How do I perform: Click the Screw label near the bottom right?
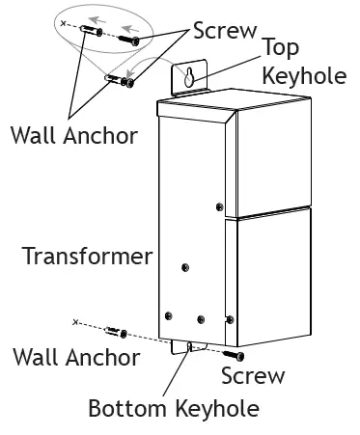click(x=253, y=375)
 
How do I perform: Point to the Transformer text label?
click(x=87, y=257)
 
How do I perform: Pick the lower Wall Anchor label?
click(x=74, y=356)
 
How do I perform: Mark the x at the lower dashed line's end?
click(x=75, y=319)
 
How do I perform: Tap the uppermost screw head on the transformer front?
click(x=221, y=205)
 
